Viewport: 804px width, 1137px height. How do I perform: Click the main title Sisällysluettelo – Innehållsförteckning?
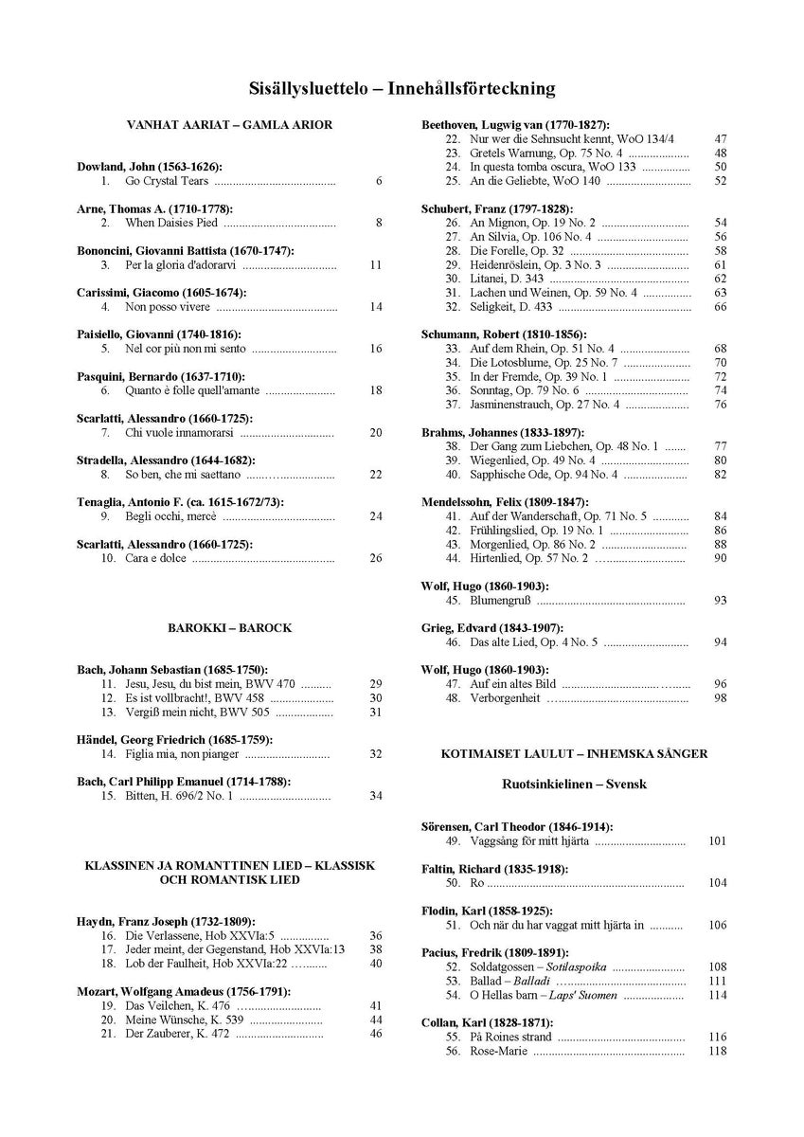[402, 89]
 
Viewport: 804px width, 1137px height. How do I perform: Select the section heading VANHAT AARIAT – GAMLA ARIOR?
[230, 125]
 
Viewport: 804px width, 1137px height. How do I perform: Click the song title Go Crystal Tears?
[167, 181]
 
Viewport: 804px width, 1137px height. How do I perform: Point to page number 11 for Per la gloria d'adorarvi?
[376, 264]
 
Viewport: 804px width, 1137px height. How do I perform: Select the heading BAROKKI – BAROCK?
[230, 628]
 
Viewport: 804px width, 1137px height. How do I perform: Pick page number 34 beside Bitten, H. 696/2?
[376, 795]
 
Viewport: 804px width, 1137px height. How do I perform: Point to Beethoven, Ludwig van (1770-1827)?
[514, 125]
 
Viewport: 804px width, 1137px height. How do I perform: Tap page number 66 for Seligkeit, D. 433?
[721, 306]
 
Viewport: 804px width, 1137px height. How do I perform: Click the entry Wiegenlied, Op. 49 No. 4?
[532, 460]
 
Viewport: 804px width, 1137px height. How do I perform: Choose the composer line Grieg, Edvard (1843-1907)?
[491, 628]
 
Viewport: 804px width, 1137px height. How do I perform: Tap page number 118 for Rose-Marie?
[717, 1051]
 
